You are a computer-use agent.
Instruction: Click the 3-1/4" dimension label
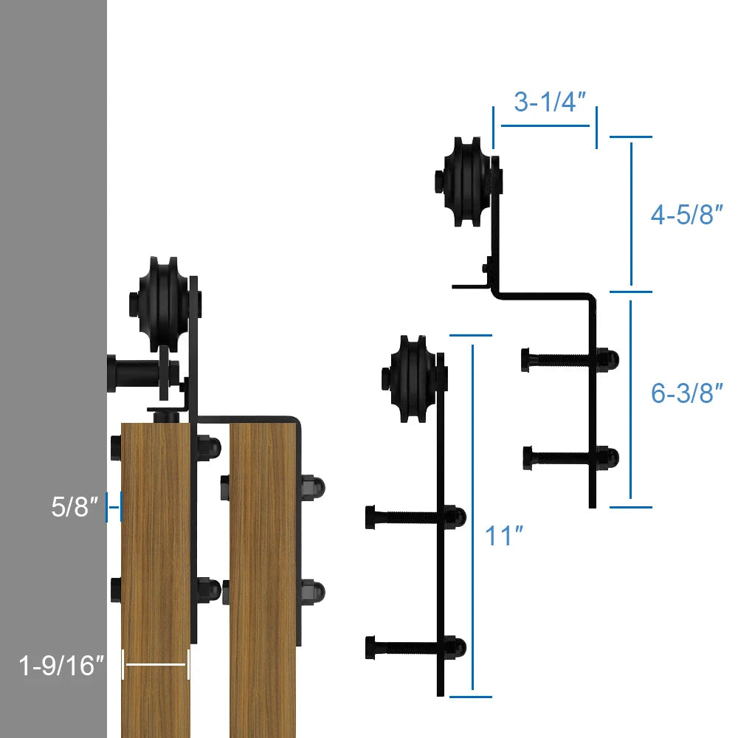click(x=550, y=102)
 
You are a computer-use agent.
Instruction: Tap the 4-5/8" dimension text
click(x=686, y=214)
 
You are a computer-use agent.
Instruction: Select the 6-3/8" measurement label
click(x=686, y=393)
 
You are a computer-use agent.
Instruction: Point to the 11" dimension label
click(x=504, y=536)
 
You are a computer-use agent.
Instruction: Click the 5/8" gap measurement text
click(x=75, y=507)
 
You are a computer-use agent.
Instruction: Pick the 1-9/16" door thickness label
click(x=61, y=665)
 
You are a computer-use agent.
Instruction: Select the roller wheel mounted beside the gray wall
click(x=165, y=305)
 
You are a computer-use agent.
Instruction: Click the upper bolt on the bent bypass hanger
click(x=570, y=360)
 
